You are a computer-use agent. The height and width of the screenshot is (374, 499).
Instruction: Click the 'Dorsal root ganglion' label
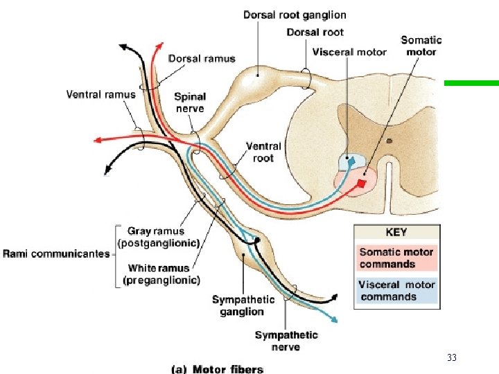[295, 15]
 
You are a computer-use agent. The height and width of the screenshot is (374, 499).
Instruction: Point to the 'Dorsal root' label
[315, 32]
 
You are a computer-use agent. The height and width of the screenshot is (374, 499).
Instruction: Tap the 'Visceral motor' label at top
[349, 52]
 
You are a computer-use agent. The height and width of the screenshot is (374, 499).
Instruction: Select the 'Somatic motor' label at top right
[421, 46]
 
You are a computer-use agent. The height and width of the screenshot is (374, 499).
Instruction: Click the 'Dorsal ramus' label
[202, 59]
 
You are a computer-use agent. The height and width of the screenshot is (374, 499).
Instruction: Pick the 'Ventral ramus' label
[100, 94]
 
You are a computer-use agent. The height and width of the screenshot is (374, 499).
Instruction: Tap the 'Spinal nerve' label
[190, 103]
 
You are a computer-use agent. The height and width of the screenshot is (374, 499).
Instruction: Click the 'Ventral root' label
[263, 152]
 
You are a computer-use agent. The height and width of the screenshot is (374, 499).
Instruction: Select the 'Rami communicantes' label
[56, 253]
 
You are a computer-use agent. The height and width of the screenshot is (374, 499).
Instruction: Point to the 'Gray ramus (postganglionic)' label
[159, 237]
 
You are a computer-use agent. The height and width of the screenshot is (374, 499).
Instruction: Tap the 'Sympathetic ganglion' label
[243, 305]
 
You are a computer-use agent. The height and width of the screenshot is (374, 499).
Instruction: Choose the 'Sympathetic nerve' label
[286, 340]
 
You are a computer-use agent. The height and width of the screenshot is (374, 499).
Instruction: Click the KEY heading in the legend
[396, 233]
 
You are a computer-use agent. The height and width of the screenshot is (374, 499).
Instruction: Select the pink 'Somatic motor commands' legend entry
[396, 258]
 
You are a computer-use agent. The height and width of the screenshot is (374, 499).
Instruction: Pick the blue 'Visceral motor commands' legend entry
[396, 290]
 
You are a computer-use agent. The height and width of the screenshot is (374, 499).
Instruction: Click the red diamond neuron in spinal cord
[362, 184]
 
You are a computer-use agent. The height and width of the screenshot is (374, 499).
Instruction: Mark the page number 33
[452, 357]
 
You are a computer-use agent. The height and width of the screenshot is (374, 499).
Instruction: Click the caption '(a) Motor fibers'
[217, 368]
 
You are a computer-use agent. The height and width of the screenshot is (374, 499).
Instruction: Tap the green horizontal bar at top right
[471, 83]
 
